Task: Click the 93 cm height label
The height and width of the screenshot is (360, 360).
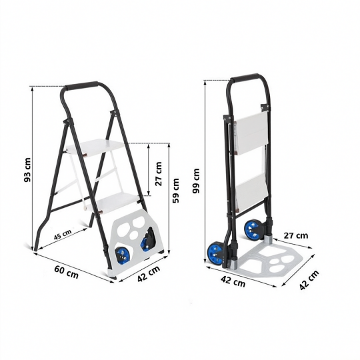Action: pos(27,170)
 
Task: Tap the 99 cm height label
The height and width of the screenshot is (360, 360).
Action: pos(197,181)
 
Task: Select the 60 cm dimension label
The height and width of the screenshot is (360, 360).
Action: pos(67,271)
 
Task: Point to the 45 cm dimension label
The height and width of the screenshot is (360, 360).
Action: pos(63,234)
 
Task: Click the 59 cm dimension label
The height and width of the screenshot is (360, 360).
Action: pos(176,191)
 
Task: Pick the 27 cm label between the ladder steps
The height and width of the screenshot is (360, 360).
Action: pos(159,174)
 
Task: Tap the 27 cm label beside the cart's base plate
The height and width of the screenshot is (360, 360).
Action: pos(296,235)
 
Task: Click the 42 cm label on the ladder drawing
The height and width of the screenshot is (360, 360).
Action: pos(149,274)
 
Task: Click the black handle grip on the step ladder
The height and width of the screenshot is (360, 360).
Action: pos(81,85)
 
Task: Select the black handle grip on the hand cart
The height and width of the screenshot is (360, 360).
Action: pos(244,78)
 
